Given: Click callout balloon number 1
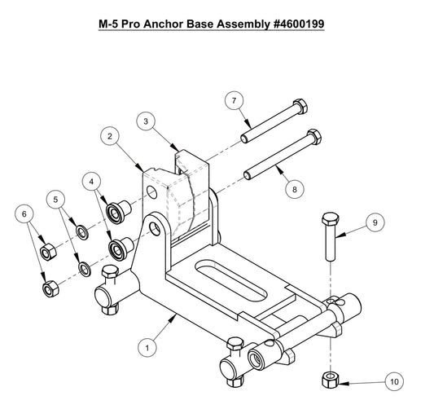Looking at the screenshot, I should pyautogui.click(x=147, y=347).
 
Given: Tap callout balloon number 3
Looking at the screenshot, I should pyautogui.click(x=144, y=121).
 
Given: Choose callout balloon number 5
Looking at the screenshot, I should pyautogui.click(x=56, y=198).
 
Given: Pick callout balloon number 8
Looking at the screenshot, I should pyautogui.click(x=294, y=187).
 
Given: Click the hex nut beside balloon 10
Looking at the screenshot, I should pyautogui.click(x=330, y=378).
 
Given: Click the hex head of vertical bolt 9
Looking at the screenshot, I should pyautogui.click(x=330, y=219).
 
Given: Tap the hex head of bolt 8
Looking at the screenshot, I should pyautogui.click(x=309, y=135).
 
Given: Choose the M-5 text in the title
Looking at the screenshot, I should pyautogui.click(x=111, y=24).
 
